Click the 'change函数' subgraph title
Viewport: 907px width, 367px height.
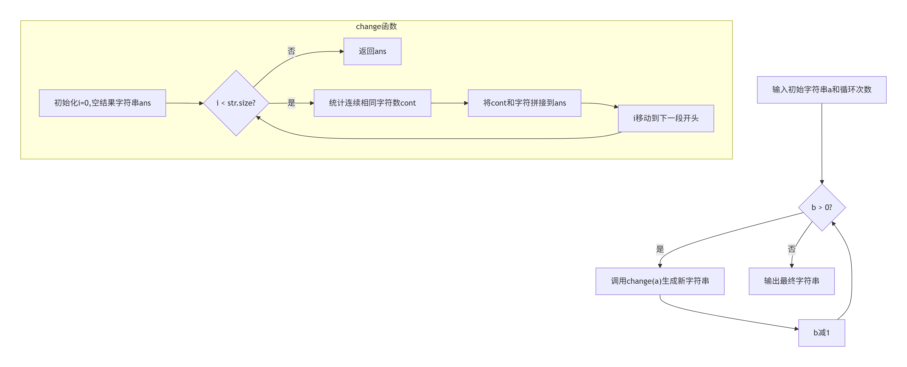pos(376,26)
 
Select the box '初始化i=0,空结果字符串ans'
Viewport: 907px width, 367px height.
pos(102,103)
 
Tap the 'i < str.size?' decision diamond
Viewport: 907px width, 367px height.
pos(236,103)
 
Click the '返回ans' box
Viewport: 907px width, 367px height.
pos(372,51)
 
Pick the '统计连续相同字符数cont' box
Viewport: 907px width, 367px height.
pos(372,103)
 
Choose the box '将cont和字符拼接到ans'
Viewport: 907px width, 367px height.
pos(525,103)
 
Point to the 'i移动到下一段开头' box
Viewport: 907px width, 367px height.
pos(666,118)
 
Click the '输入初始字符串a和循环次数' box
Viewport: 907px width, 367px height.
pos(822,90)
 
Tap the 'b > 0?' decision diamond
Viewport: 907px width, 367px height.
pos(822,207)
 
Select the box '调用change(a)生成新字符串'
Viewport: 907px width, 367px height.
pos(660,281)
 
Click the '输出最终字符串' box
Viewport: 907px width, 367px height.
pos(791,281)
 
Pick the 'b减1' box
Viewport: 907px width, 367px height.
pos(822,333)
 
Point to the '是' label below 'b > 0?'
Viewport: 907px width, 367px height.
pos(660,249)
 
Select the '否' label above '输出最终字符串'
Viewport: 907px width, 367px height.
pos(791,249)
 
